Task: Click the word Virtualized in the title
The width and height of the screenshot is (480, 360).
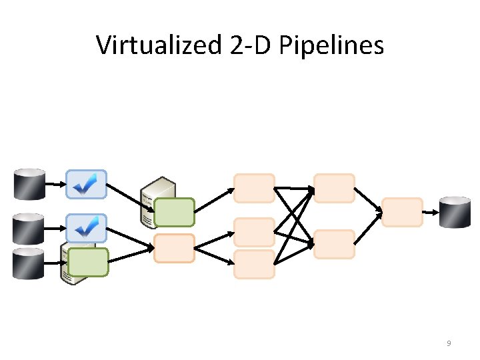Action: coord(159,45)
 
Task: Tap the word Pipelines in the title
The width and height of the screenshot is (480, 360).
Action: coord(331,45)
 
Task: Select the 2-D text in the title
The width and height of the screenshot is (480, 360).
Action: coord(250,45)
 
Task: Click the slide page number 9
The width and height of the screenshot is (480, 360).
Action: coord(449,343)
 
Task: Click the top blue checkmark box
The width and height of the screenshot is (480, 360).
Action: coord(86,184)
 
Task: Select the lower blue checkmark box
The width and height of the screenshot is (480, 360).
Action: coord(86,229)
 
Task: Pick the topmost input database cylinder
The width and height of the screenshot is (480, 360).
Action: coord(29,184)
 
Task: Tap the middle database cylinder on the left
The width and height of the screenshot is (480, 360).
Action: coord(28,229)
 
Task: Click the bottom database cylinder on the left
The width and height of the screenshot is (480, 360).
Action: coord(28,263)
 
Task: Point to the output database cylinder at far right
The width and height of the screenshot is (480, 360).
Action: coord(455,212)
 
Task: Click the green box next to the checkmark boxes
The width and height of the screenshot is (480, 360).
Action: coord(88,263)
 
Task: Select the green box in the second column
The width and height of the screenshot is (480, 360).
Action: coord(174,212)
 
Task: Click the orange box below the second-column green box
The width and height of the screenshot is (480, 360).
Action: coord(174,248)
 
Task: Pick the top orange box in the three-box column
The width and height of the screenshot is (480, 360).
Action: coord(254,188)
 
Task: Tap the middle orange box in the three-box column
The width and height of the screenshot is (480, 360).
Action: coord(254,233)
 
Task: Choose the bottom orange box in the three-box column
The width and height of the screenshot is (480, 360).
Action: coord(254,264)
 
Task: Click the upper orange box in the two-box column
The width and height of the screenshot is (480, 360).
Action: coord(334,188)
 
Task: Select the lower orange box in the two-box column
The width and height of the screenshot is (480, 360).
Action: coord(334,244)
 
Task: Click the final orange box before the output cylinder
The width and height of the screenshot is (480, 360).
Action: coord(402,212)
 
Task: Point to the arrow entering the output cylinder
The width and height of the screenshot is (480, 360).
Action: coord(431,212)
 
